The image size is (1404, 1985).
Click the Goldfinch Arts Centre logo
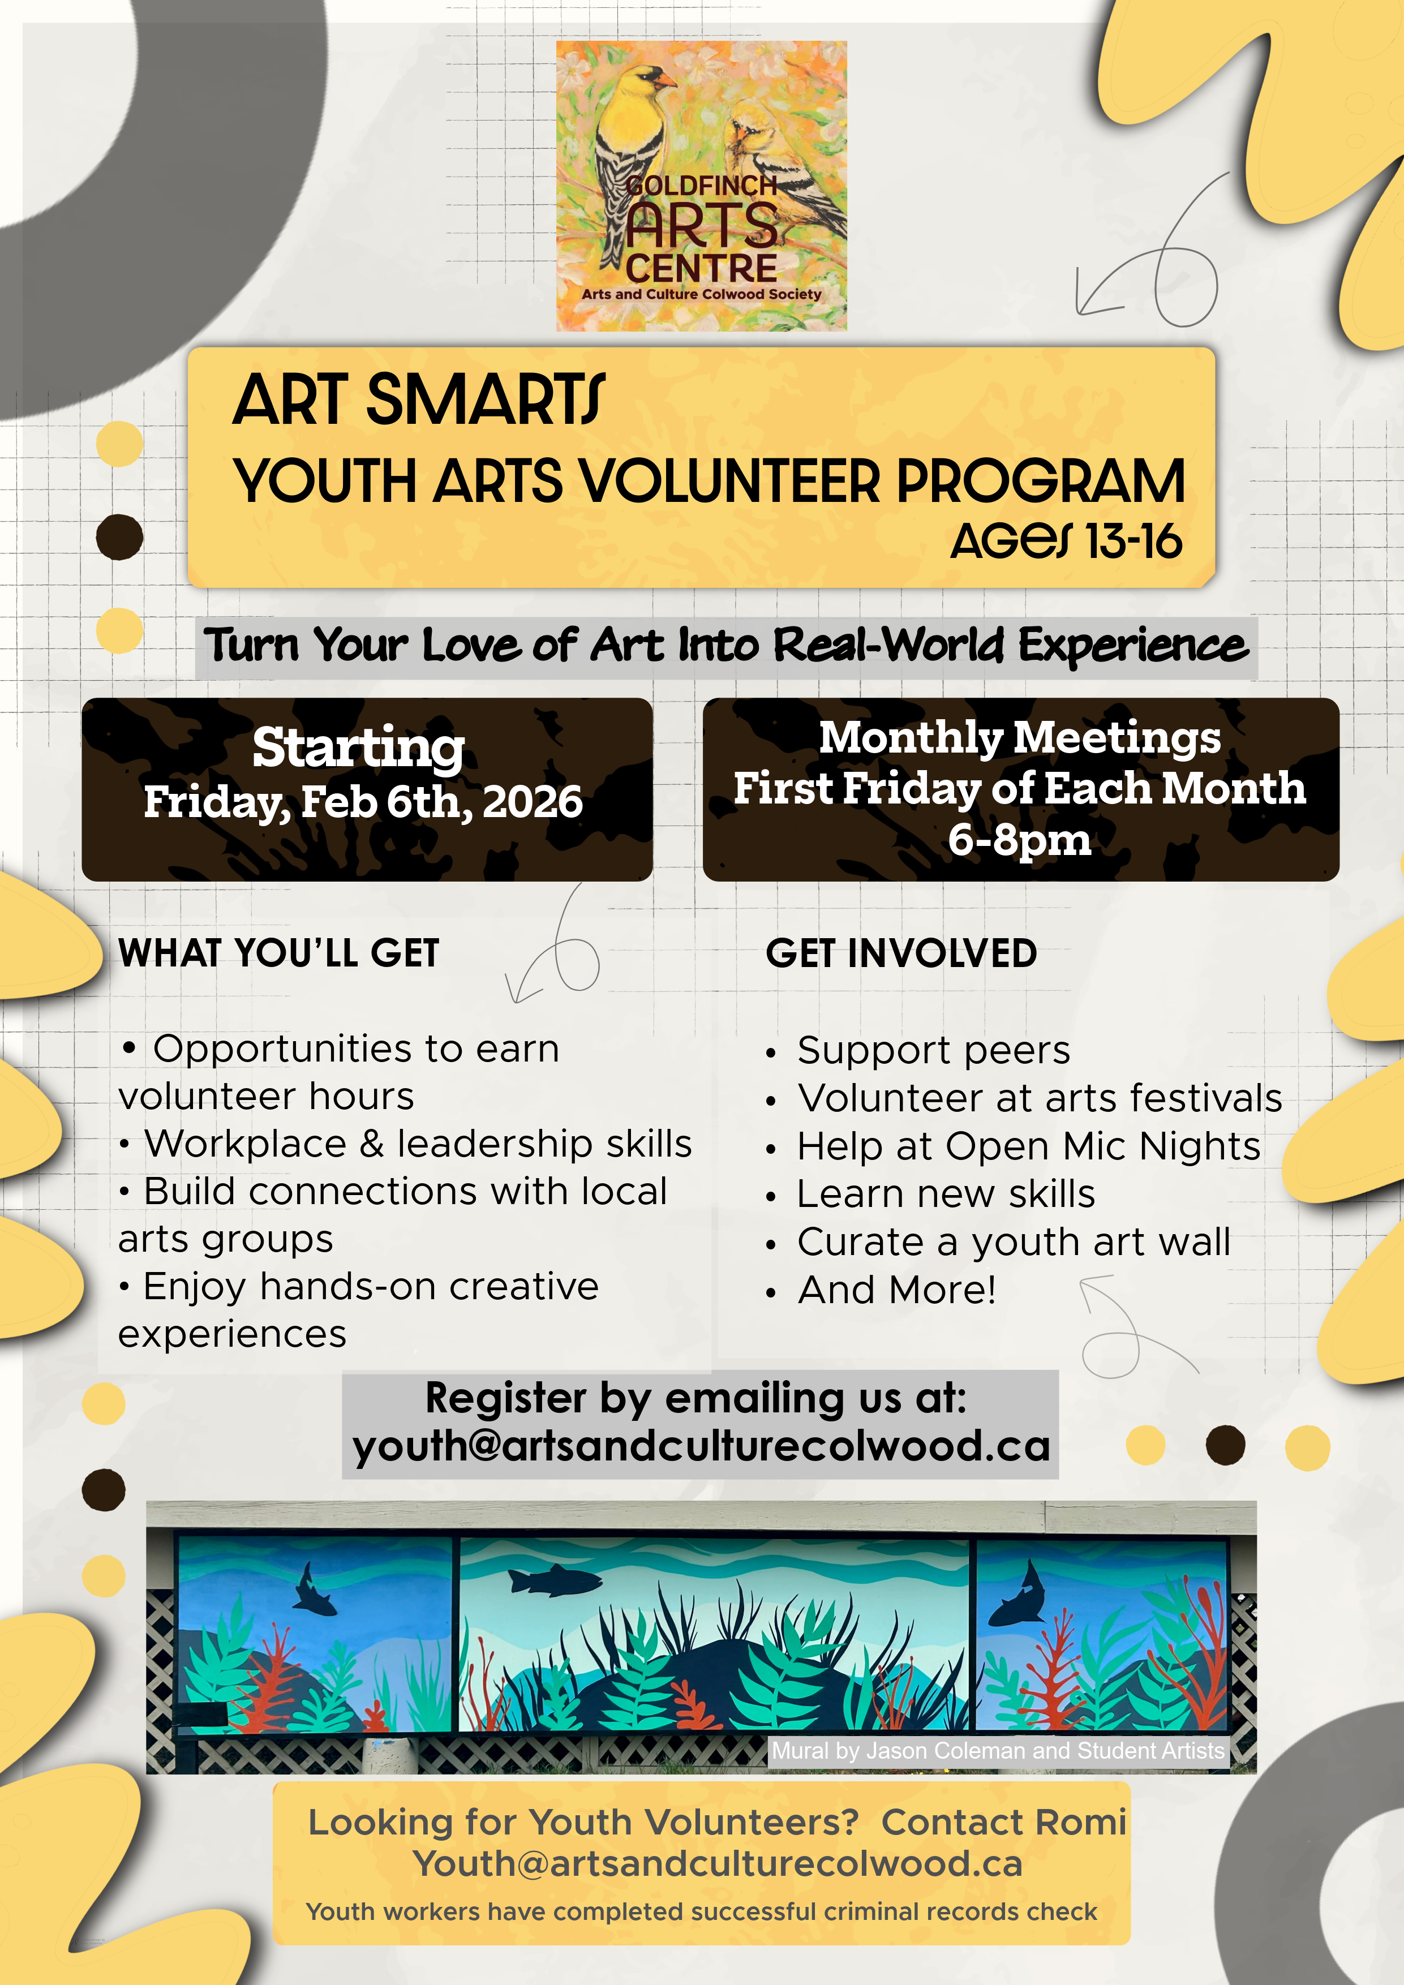tap(701, 186)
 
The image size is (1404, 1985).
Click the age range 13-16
tap(1133, 542)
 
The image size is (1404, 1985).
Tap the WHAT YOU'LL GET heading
tap(279, 953)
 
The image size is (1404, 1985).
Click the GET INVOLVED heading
tap(901, 953)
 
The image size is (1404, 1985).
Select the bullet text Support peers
tap(934, 1050)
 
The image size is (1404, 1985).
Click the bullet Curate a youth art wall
tap(1013, 1243)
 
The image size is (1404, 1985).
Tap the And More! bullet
tap(896, 1290)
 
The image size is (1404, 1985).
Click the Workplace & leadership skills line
tap(418, 1144)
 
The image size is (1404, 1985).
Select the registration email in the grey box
tap(701, 1446)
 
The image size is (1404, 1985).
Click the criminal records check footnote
tap(701, 1911)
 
